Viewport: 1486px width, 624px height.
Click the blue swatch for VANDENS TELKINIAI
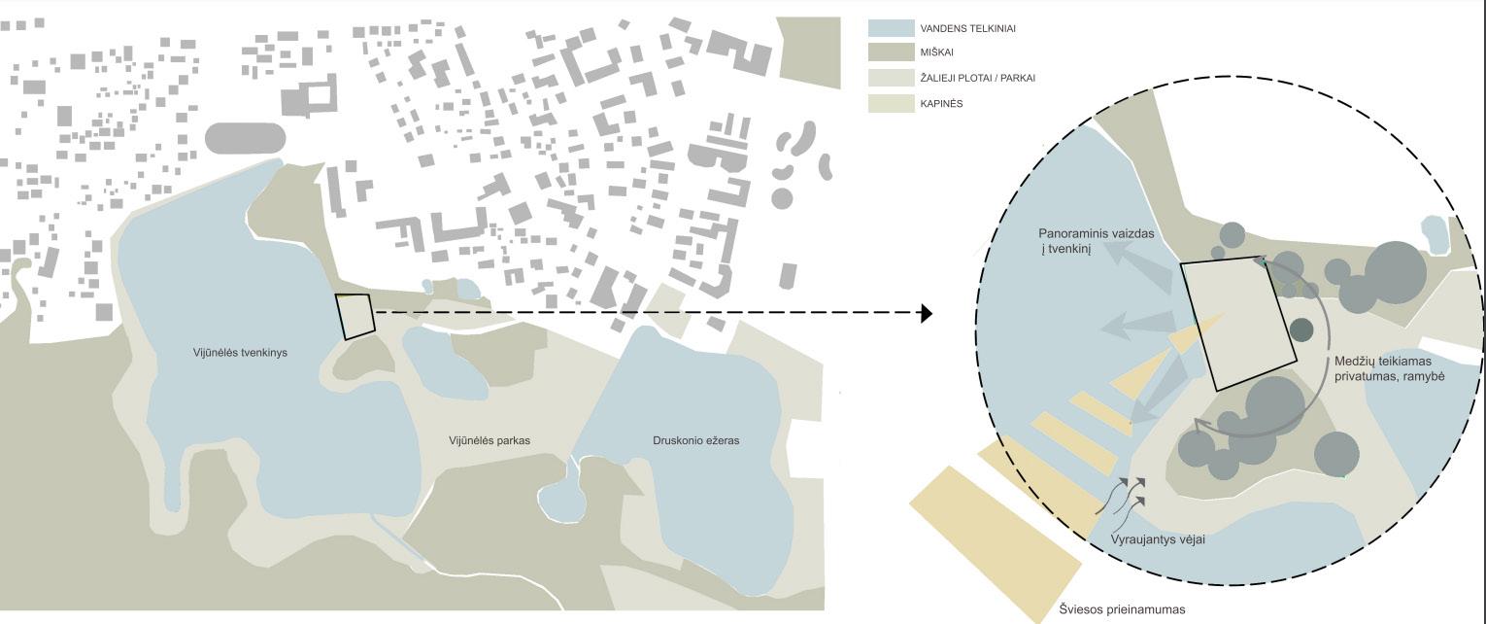(892, 28)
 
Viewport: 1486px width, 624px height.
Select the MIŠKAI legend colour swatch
(892, 52)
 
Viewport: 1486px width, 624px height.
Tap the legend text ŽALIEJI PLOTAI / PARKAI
(977, 78)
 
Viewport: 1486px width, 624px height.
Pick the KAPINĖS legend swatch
(892, 103)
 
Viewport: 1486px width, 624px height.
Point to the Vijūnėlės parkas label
(490, 440)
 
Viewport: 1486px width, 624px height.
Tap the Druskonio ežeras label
(695, 440)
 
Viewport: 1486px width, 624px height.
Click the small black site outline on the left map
(355, 316)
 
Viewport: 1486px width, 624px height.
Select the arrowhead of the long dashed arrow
(927, 313)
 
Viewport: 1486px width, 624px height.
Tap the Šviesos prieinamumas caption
(1122, 609)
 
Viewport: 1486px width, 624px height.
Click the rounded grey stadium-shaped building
(246, 138)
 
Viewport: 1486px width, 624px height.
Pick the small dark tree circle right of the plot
(1300, 329)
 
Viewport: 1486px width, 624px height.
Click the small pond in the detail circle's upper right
(1434, 234)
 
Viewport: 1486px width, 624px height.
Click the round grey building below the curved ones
(782, 198)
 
